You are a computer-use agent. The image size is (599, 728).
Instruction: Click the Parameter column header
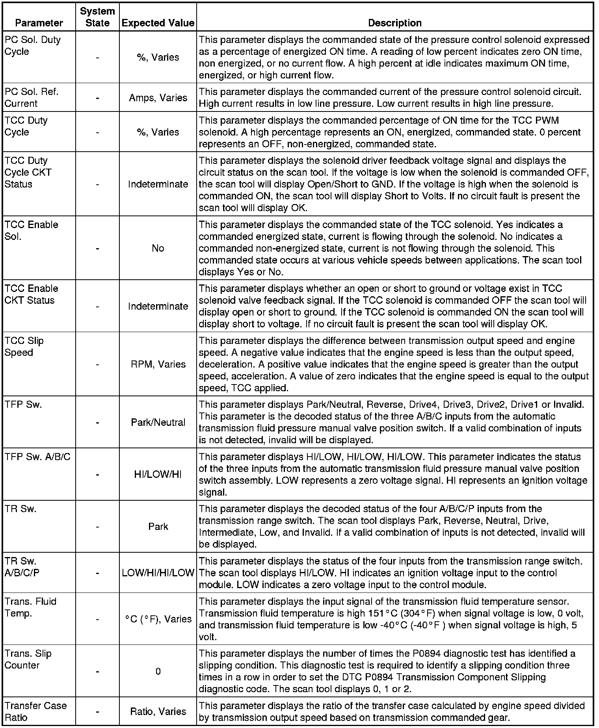(x=39, y=23)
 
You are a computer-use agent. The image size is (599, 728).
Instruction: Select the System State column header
(x=97, y=17)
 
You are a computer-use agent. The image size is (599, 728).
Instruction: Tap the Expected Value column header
(x=158, y=23)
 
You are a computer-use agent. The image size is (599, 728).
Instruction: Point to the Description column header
(x=394, y=23)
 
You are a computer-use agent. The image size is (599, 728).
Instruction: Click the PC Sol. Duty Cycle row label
(x=32, y=45)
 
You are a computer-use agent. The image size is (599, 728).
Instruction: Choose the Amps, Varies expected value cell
(x=158, y=98)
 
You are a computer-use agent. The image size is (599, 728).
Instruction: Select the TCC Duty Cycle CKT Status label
(x=28, y=172)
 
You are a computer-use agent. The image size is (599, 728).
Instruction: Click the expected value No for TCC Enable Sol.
(x=158, y=248)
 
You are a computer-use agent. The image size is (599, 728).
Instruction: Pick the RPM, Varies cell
(x=158, y=364)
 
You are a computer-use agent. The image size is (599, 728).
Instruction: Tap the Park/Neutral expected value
(x=158, y=422)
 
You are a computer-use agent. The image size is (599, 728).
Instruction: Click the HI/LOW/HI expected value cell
(x=158, y=475)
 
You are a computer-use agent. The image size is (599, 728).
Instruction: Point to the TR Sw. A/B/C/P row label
(x=22, y=566)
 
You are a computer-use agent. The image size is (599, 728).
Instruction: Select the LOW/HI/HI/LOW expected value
(x=158, y=572)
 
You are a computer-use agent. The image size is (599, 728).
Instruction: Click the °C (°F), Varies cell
(x=158, y=619)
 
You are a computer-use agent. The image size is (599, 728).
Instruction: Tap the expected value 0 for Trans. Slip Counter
(x=158, y=671)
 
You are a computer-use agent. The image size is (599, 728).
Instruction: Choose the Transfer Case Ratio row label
(x=35, y=711)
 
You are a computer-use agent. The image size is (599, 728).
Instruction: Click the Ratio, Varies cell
(x=158, y=711)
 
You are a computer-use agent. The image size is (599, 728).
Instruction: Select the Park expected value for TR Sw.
(x=158, y=526)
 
